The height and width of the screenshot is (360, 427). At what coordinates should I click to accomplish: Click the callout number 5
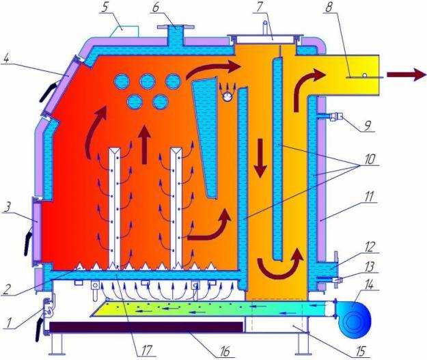point(104,8)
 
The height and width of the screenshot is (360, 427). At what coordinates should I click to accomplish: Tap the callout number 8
point(329,8)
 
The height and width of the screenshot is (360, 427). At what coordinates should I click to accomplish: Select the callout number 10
point(369,159)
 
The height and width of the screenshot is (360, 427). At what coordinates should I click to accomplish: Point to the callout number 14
point(369,285)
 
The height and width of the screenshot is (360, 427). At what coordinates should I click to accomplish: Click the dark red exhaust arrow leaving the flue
point(406,74)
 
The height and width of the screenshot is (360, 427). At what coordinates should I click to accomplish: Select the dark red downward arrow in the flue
point(260,158)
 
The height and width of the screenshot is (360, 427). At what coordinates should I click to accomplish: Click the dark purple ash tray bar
point(146,327)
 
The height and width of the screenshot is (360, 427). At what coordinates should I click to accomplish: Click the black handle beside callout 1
point(40,328)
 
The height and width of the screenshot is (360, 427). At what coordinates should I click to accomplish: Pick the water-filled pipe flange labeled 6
point(176,36)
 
